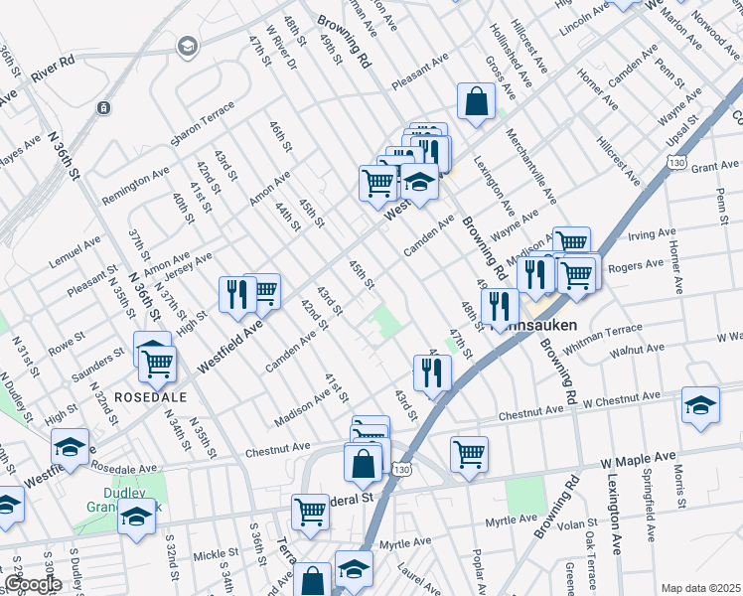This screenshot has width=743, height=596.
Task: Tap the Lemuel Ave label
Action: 75,252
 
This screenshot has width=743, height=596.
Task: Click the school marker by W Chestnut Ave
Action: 700,405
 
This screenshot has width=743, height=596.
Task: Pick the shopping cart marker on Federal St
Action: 311,512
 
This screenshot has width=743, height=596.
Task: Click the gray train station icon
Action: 104,107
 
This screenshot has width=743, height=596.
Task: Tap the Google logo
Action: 33,584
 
